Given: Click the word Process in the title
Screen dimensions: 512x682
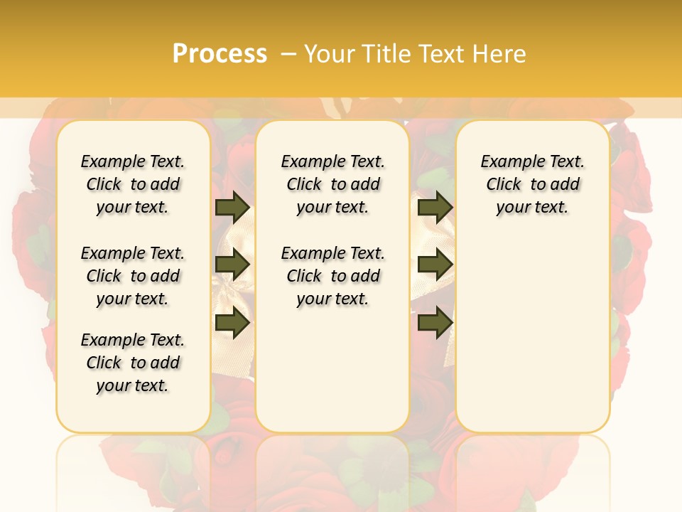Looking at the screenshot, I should [220, 54].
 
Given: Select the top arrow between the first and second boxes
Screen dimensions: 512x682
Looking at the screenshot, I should [232, 207].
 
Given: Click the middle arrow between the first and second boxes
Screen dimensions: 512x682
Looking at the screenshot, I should [232, 265].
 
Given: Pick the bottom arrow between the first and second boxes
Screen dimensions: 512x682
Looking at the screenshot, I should [232, 324].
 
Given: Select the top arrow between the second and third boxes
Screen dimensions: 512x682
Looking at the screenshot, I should [435, 207].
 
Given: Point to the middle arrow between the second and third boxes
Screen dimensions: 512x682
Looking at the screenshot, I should [435, 265].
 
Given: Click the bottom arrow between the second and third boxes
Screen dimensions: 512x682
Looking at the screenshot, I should [435, 324].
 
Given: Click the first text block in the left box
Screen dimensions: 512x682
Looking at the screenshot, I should [133, 184].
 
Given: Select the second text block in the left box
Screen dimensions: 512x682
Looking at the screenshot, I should [133, 276].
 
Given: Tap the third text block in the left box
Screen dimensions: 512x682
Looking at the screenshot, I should [133, 363].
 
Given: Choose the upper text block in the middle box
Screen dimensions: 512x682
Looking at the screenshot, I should [333, 184].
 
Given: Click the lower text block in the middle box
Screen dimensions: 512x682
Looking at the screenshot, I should [333, 276].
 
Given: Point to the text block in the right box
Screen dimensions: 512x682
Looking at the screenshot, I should [533, 184].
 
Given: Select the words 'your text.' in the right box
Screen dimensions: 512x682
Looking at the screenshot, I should [533, 208].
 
